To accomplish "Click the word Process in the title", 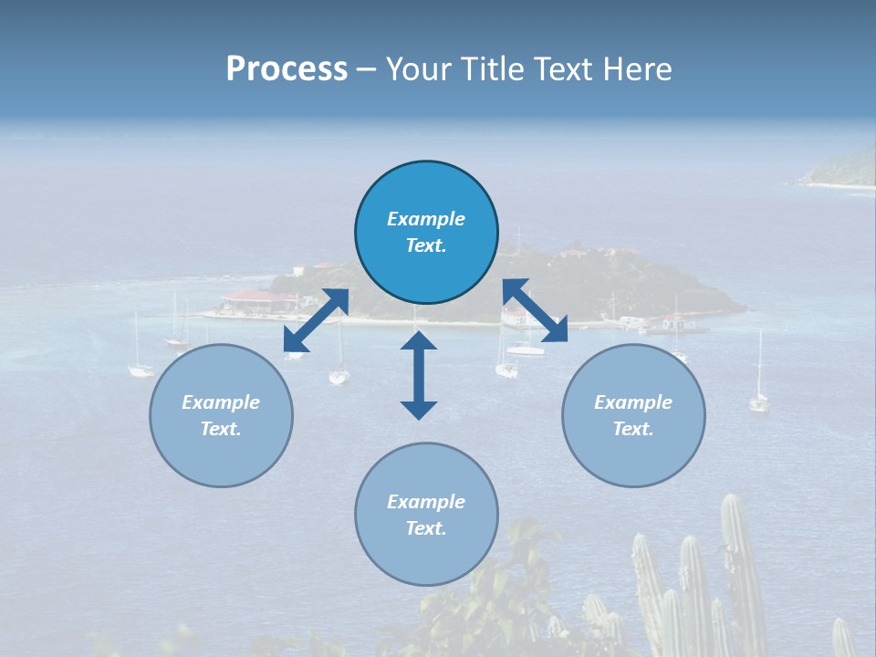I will [x=287, y=69].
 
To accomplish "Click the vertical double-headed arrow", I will [x=419, y=375].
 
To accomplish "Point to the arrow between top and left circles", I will [x=316, y=320].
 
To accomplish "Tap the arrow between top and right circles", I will [x=536, y=311].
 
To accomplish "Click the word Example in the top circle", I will [x=426, y=219].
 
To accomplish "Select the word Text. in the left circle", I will [x=221, y=429].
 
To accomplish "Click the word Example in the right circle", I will [x=633, y=402].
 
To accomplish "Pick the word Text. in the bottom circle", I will [x=426, y=528].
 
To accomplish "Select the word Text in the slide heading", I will [x=562, y=69].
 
